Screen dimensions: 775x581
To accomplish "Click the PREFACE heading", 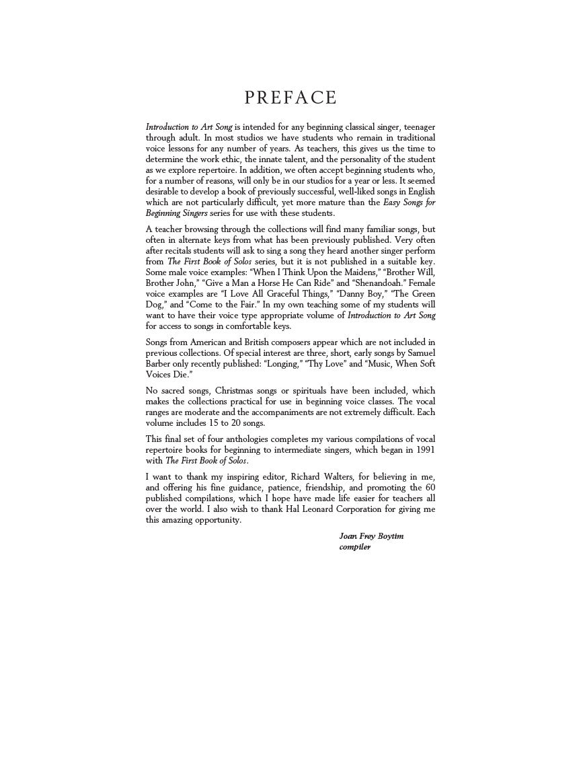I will point(290,98).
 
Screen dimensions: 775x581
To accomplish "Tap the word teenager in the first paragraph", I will point(417,127).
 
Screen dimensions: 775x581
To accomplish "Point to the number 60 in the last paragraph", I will point(428,488).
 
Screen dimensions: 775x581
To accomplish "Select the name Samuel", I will point(420,353).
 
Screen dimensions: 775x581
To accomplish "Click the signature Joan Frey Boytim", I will point(372,536).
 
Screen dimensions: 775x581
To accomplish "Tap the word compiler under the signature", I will point(355,547).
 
